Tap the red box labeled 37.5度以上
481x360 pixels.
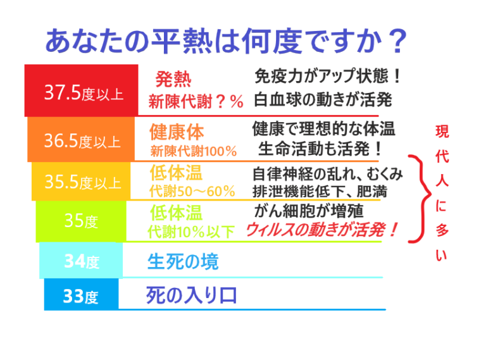click(x=81, y=90)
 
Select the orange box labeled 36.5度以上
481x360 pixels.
click(x=82, y=139)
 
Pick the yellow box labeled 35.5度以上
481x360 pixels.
click(x=81, y=182)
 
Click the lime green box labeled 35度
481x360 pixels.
click(x=81, y=221)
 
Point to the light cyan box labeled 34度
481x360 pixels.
click(x=81, y=260)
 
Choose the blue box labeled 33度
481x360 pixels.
click(x=81, y=295)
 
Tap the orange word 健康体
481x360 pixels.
click(x=177, y=132)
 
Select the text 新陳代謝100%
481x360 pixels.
click(x=194, y=151)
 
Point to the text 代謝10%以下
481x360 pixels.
click(x=191, y=232)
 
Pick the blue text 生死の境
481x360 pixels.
click(x=183, y=261)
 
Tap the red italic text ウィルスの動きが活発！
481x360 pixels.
click(x=323, y=230)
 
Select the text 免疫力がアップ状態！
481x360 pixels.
click(x=328, y=77)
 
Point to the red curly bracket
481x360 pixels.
click(x=416, y=199)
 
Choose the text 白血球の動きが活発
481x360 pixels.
click(x=323, y=100)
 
